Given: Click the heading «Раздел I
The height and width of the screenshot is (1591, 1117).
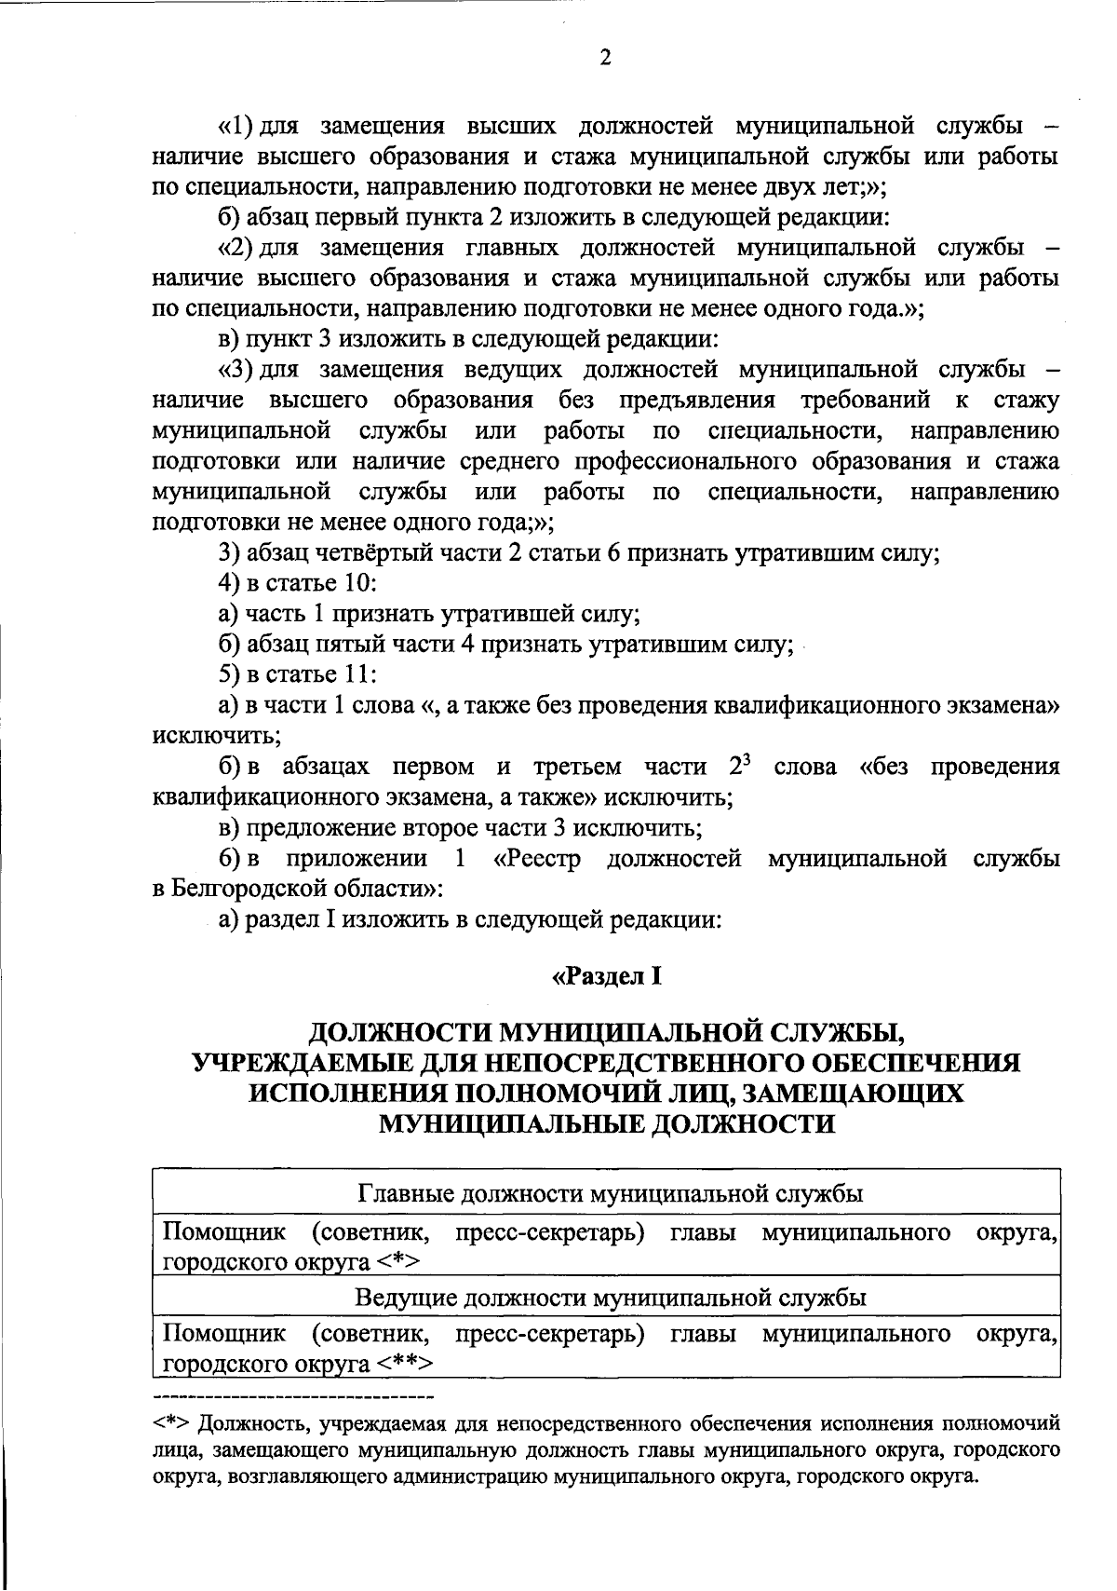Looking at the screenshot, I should [x=606, y=977].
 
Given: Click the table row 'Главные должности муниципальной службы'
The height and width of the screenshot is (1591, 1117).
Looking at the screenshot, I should [x=606, y=1193].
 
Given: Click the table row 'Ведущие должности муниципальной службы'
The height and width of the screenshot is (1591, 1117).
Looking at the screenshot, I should [x=606, y=1297].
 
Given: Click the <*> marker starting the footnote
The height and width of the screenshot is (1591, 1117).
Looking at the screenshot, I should [x=172, y=1425].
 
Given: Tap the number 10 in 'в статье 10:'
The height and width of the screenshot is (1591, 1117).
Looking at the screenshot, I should [x=359, y=584].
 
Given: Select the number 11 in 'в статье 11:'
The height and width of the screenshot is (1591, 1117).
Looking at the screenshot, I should [x=359, y=673].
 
